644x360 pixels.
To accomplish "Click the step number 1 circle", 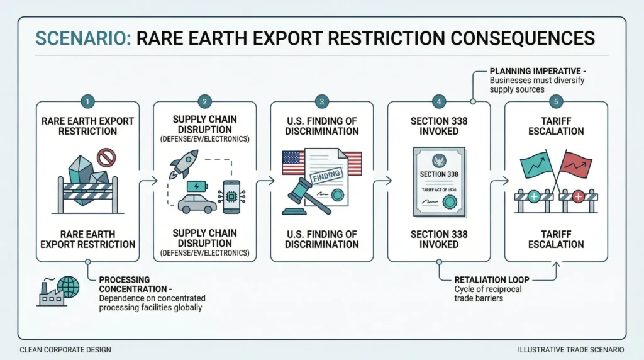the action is pyautogui.click(x=87, y=101).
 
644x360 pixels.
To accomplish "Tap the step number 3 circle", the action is pyautogui.click(x=321, y=101).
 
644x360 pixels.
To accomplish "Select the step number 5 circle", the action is pyautogui.click(x=556, y=101).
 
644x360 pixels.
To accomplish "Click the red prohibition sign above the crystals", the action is pyautogui.click(x=106, y=157).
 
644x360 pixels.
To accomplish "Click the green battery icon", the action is pyautogui.click(x=197, y=186).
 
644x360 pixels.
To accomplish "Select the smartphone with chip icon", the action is pyautogui.click(x=231, y=197).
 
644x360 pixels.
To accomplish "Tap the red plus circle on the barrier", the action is pyautogui.click(x=579, y=197).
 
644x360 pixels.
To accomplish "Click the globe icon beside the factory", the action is pyautogui.click(x=68, y=286).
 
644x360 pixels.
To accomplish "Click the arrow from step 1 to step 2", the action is pyautogui.click(x=148, y=181).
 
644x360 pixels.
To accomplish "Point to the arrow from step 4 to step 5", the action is pyautogui.click(x=499, y=181).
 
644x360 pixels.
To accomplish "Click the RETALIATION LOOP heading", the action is pyautogui.click(x=492, y=280).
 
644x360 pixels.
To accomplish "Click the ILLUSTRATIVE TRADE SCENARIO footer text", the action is pyautogui.click(x=571, y=350).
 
